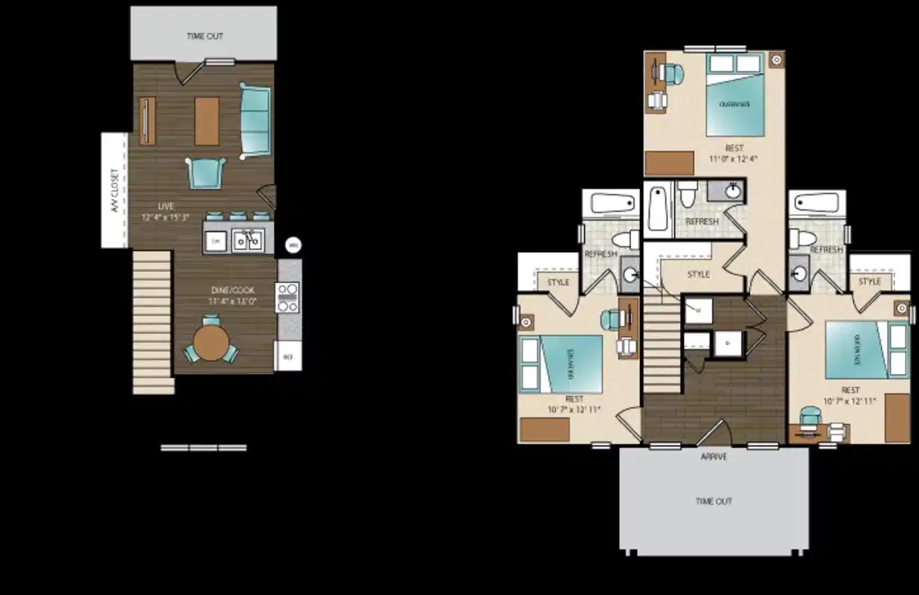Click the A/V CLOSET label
pos(115,190)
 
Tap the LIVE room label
pos(166,206)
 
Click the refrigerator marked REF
pos(289,357)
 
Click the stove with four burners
pos(288,297)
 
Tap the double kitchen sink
pos(248,240)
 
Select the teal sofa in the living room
pos(255,120)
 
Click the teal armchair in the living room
pos(205,173)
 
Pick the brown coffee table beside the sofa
pos(208,120)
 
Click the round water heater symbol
pos(293,244)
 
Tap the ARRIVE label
pos(714,457)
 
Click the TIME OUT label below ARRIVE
pos(714,501)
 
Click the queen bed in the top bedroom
pos(735,100)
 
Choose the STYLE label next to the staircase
pos(698,274)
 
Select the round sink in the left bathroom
pos(630,275)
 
